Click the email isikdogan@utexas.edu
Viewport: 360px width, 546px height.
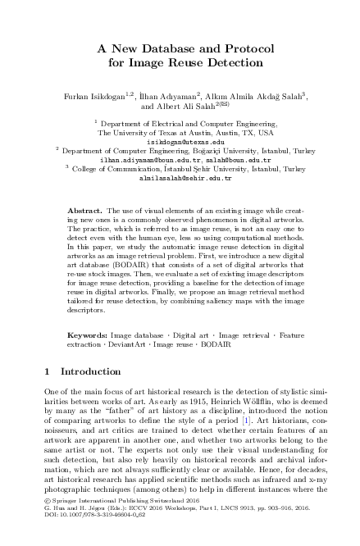click(x=180, y=141)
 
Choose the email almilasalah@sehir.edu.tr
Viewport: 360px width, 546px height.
click(x=180, y=177)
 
